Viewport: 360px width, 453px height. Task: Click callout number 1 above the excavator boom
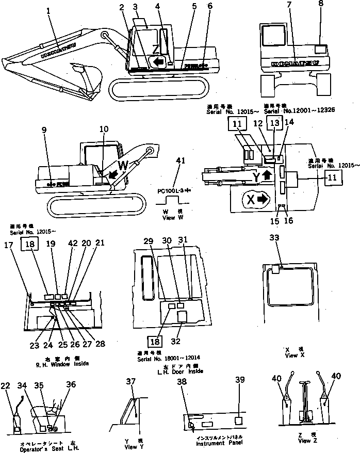(x=49, y=10)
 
